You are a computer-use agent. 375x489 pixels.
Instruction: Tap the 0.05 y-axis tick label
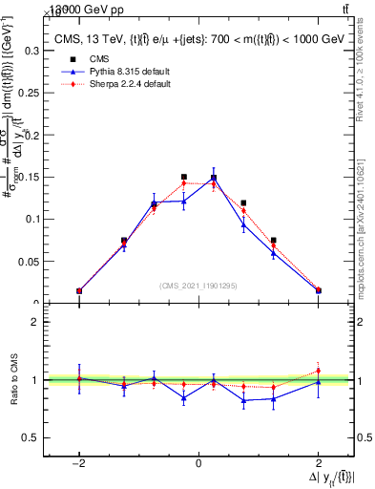click(32, 261)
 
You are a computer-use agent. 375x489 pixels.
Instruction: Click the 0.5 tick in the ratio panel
click(36, 437)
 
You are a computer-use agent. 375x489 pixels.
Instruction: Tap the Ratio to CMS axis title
click(13, 380)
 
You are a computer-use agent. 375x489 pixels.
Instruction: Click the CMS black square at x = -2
click(79, 290)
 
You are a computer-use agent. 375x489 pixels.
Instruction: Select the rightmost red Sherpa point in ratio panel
click(318, 371)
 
